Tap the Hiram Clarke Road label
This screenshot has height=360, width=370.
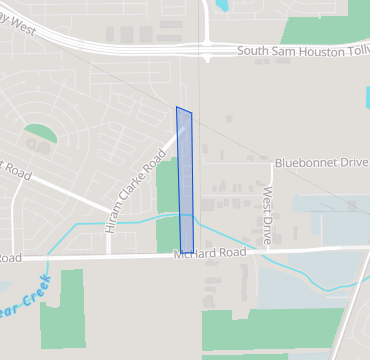pyautogui.click(x=130, y=190)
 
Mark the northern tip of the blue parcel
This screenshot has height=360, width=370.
pyautogui.click(x=178, y=108)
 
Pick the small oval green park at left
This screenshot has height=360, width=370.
pyautogui.click(x=40, y=133)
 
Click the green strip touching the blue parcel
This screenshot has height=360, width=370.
pyautogui.click(x=167, y=205)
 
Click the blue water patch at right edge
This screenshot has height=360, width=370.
pyautogui.click(x=366, y=100)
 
